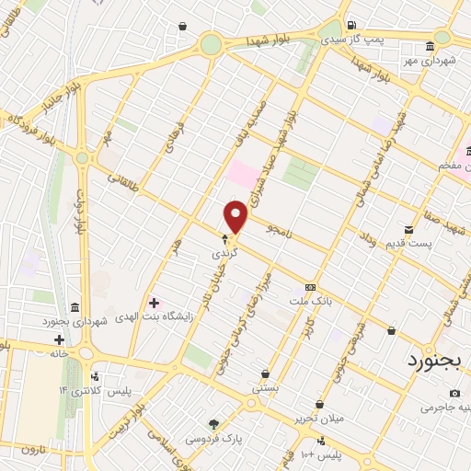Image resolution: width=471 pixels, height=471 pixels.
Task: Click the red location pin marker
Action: click(x=236, y=217)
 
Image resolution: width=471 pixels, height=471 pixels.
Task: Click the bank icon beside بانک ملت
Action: click(x=309, y=286)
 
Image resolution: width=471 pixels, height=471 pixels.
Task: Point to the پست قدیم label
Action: click(x=409, y=242)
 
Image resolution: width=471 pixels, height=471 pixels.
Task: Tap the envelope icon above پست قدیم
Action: click(x=408, y=229)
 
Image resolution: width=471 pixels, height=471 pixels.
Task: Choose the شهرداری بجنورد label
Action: click(x=75, y=321)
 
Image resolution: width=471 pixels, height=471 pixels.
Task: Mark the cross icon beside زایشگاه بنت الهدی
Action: click(x=154, y=302)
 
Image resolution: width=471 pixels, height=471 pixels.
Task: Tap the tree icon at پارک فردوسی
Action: click(x=213, y=424)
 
